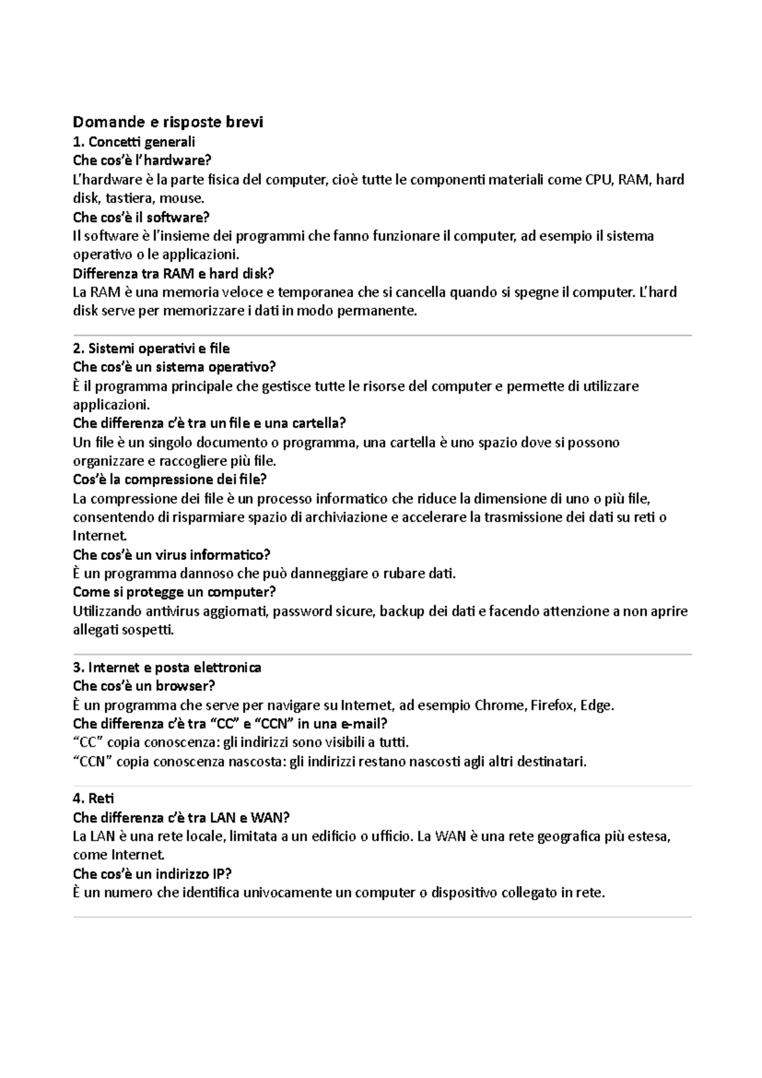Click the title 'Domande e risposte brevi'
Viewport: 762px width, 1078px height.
(x=168, y=122)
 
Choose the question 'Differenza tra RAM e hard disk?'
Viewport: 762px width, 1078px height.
(x=173, y=274)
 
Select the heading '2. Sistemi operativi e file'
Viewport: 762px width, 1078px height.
(x=151, y=349)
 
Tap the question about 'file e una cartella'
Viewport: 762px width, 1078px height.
(x=210, y=423)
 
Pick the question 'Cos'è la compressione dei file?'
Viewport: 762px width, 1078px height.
(x=170, y=480)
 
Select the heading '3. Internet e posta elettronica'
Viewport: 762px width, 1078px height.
(x=167, y=667)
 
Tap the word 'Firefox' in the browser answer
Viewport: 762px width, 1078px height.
(x=553, y=706)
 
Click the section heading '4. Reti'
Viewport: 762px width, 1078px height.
(x=93, y=798)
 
